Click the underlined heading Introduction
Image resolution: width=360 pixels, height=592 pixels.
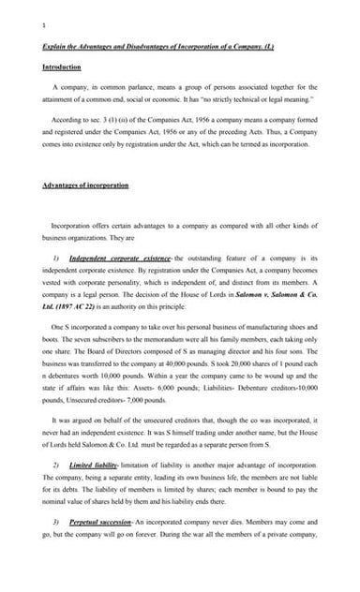62,67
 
